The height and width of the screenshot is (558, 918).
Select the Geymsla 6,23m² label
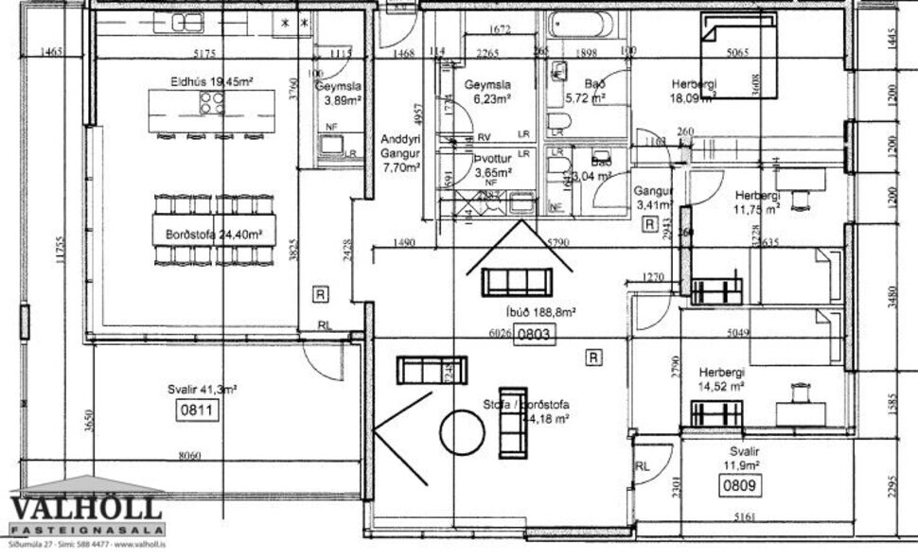[x=487, y=91]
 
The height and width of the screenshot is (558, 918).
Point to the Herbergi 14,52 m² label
[x=721, y=378]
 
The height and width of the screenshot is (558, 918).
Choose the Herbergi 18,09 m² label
[x=694, y=89]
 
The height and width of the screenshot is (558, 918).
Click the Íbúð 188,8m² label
[x=540, y=311]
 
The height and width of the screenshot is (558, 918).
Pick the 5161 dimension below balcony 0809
[x=747, y=516]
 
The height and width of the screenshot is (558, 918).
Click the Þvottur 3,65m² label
[x=492, y=166]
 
